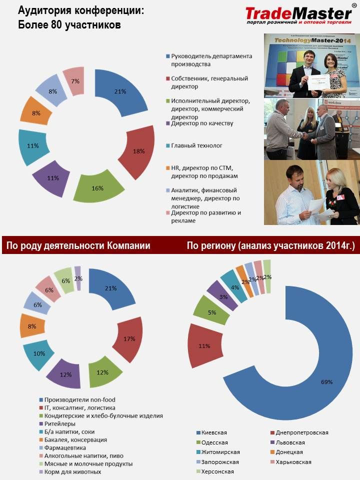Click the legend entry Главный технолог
[196, 145]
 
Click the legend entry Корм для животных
[72, 471]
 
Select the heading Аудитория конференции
[80, 10]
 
